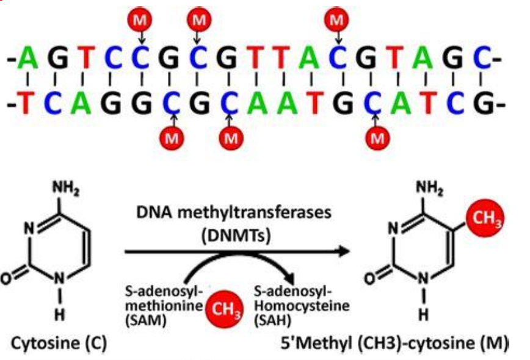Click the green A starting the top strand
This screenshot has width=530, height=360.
27,59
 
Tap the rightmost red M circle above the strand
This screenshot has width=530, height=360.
336,20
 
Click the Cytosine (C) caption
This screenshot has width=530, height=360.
61,344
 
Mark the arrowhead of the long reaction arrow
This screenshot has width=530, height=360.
346,251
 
